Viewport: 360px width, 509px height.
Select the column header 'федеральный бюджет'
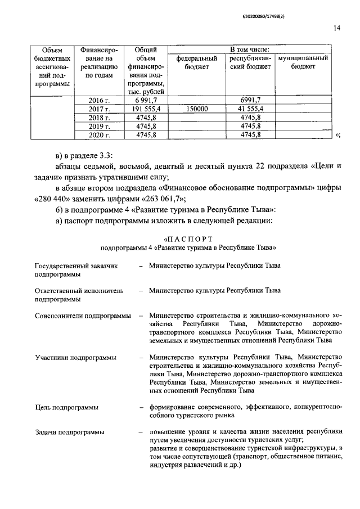coord(197,62)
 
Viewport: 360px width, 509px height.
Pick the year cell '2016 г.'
coord(99,100)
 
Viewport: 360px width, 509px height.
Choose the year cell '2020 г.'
coord(99,135)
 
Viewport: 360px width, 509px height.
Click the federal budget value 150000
coord(197,109)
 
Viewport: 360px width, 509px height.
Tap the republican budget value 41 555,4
coord(250,109)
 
